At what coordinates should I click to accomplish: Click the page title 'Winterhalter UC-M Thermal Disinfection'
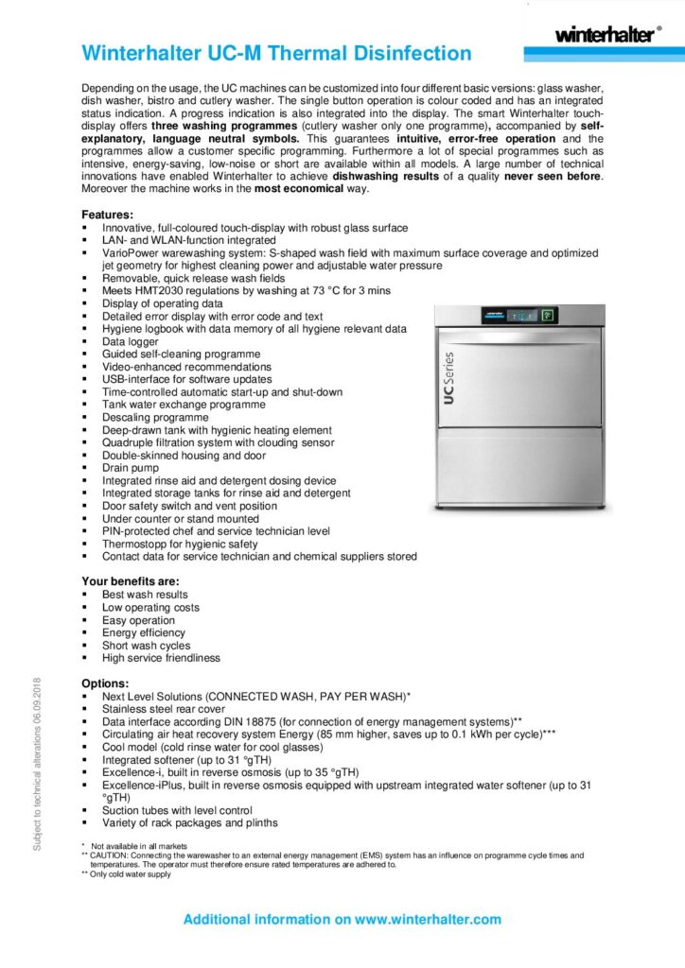pyautogui.click(x=276, y=53)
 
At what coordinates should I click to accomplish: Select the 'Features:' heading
pyautogui.click(x=107, y=215)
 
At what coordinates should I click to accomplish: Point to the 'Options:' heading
pyautogui.click(x=105, y=683)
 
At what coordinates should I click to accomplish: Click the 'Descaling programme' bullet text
pyautogui.click(x=155, y=417)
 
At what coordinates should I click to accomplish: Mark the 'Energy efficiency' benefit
pyautogui.click(x=144, y=632)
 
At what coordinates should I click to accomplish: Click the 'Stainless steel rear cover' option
pyautogui.click(x=164, y=708)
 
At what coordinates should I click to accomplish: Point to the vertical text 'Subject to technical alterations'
pyautogui.click(x=37, y=764)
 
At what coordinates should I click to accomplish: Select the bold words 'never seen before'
pyautogui.click(x=552, y=176)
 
